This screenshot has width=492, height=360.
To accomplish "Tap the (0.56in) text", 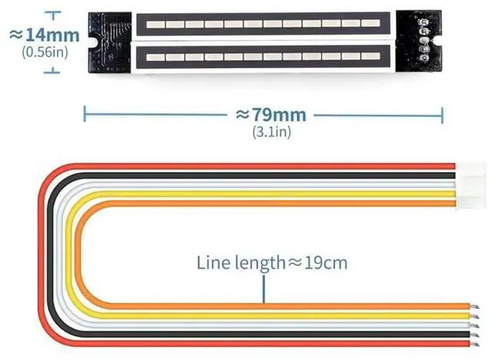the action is [45, 52].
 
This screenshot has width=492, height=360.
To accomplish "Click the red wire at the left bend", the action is [45, 254].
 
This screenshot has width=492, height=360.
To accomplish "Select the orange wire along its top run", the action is [269, 204].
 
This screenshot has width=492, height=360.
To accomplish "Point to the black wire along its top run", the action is [269, 175].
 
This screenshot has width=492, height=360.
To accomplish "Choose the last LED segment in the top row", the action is [371, 24].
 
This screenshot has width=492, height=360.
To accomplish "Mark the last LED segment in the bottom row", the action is [371, 58].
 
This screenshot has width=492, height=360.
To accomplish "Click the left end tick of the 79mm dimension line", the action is [84, 115].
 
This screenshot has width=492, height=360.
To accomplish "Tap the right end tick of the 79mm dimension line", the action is [442, 115].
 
